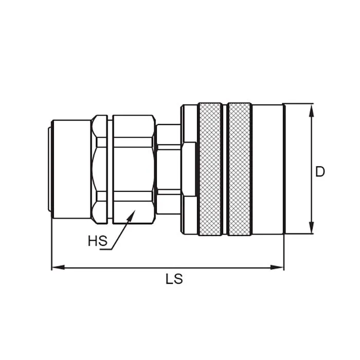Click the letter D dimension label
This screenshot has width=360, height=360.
pyautogui.click(x=320, y=172)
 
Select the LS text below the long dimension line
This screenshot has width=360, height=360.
pyautogui.click(x=174, y=279)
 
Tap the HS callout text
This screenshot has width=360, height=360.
pyautogui.click(x=97, y=241)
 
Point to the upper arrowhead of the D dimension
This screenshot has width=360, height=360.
pyautogui.click(x=311, y=108)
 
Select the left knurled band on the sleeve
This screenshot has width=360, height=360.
pyautogui.click(x=210, y=169)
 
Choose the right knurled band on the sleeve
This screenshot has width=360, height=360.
pyautogui.click(x=240, y=169)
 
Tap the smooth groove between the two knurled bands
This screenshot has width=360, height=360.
pyautogui.click(x=225, y=169)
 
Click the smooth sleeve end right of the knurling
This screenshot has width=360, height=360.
pyautogui.click(x=267, y=169)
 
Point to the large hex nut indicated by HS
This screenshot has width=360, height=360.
pyautogui.click(x=134, y=169)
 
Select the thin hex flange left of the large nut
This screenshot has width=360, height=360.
pyautogui.click(x=99, y=169)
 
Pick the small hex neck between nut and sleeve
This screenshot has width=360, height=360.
pyautogui.click(x=168, y=169)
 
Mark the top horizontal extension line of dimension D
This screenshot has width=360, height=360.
pyautogui.click(x=298, y=103)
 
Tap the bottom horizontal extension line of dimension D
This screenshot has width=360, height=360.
pyautogui.click(x=298, y=235)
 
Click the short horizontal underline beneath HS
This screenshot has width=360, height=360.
pyautogui.click(x=105, y=250)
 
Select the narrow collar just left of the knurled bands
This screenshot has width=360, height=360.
pyautogui.click(x=189, y=169)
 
